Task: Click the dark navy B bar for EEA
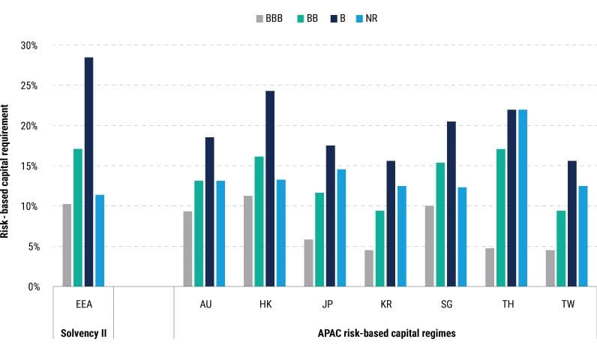(88, 172)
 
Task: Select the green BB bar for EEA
(77, 217)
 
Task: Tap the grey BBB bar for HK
(248, 241)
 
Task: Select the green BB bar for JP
(319, 239)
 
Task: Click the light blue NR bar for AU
(220, 233)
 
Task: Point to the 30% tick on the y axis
(38, 46)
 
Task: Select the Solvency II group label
(82, 332)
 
